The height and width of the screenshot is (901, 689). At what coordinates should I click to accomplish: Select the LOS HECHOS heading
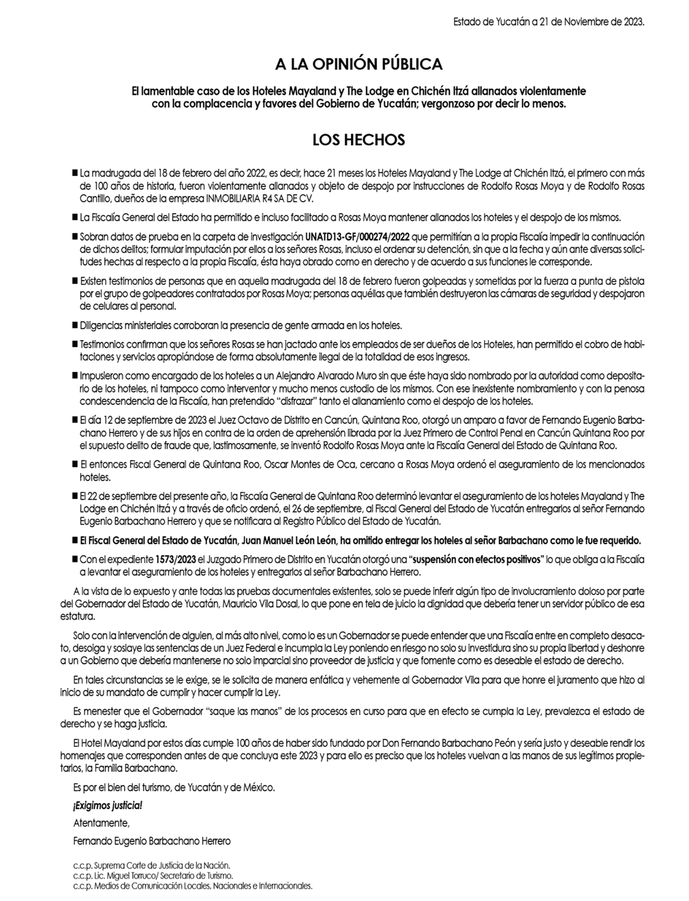[x=359, y=140]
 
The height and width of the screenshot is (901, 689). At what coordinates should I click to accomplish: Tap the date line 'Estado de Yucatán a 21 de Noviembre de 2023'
[x=549, y=22]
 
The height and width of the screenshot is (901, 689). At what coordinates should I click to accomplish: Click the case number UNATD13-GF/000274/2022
[x=358, y=237]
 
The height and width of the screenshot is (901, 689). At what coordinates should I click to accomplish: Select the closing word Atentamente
[x=102, y=823]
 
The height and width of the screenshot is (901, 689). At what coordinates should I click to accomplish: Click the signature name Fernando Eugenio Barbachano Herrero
[x=152, y=841]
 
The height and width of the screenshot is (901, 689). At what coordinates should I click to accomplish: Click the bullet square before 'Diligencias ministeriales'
[x=75, y=325]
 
